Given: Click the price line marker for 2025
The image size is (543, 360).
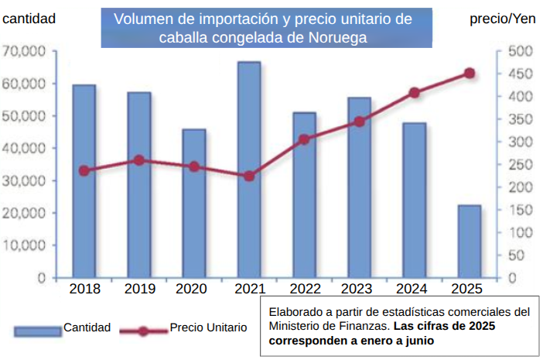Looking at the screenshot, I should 469,74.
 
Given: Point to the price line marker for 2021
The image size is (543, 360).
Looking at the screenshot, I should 249,176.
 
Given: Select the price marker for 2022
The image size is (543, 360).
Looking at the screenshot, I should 304,139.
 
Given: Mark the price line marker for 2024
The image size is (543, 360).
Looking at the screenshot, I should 415,93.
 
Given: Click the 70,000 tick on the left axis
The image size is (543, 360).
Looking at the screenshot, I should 26,51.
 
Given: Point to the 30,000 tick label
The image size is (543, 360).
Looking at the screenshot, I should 26,180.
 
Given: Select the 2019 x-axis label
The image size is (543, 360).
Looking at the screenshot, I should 139,289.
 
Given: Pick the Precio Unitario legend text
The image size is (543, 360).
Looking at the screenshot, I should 208,327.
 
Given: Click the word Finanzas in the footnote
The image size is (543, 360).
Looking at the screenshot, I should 353,326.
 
